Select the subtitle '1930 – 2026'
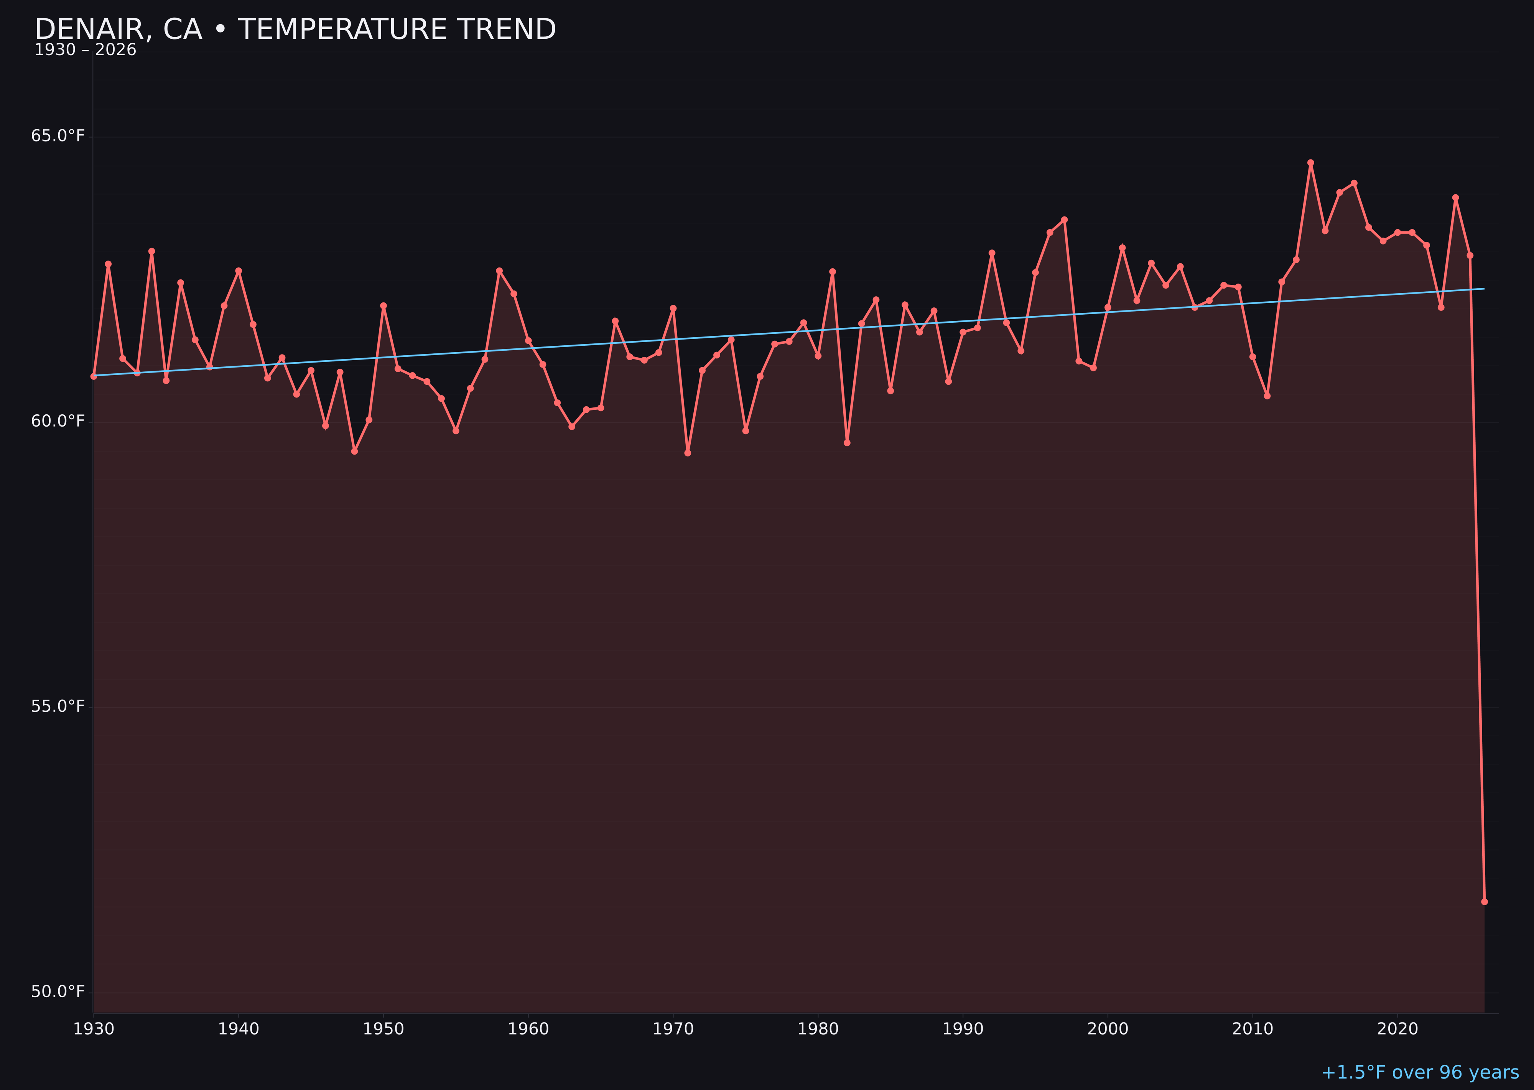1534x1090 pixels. [x=85, y=50]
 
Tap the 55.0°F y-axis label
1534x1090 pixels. [x=58, y=707]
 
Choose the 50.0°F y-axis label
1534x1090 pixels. [x=58, y=992]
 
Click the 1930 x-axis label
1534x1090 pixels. [x=93, y=1029]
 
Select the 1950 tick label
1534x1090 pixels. [x=383, y=1029]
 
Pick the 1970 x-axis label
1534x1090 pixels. [x=673, y=1029]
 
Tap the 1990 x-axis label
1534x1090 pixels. [x=963, y=1029]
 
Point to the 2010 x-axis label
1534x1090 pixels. [x=1253, y=1029]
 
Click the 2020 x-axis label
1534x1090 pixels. [x=1397, y=1029]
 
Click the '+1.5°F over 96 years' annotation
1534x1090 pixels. [x=1420, y=1072]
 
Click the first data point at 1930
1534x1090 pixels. [x=93, y=376]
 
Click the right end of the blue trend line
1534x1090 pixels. [x=1484, y=289]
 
